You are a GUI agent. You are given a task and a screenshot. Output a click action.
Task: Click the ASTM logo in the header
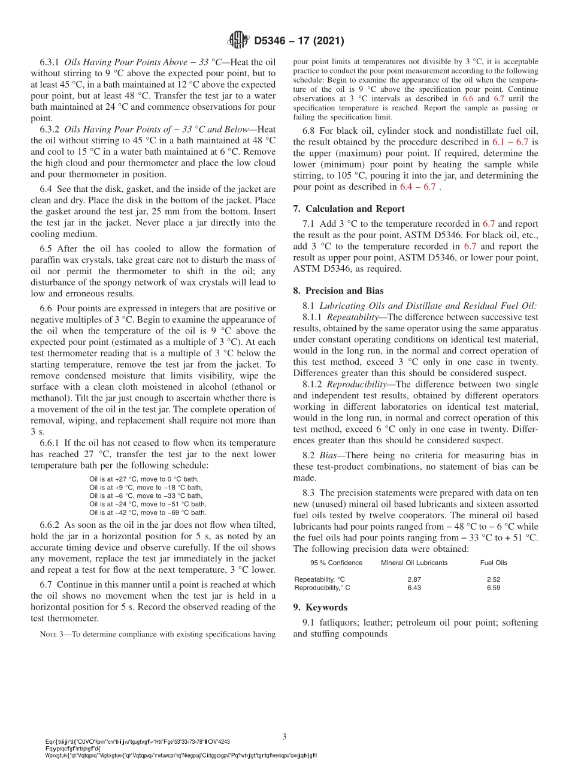pos(239,41)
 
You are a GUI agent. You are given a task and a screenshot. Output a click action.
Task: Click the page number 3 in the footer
pos(284,736)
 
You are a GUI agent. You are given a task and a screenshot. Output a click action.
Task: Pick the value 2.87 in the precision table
pos(414,579)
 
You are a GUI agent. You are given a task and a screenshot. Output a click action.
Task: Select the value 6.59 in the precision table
pos(494,588)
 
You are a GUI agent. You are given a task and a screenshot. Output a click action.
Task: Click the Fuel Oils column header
pos(494,563)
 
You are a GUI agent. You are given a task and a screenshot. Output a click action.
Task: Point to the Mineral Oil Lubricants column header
pos(414,563)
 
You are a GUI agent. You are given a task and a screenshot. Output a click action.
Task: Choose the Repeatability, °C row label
pos(320,579)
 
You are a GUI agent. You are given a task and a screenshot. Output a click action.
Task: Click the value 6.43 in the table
pos(414,588)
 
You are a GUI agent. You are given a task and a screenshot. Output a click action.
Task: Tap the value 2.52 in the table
pos(494,579)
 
